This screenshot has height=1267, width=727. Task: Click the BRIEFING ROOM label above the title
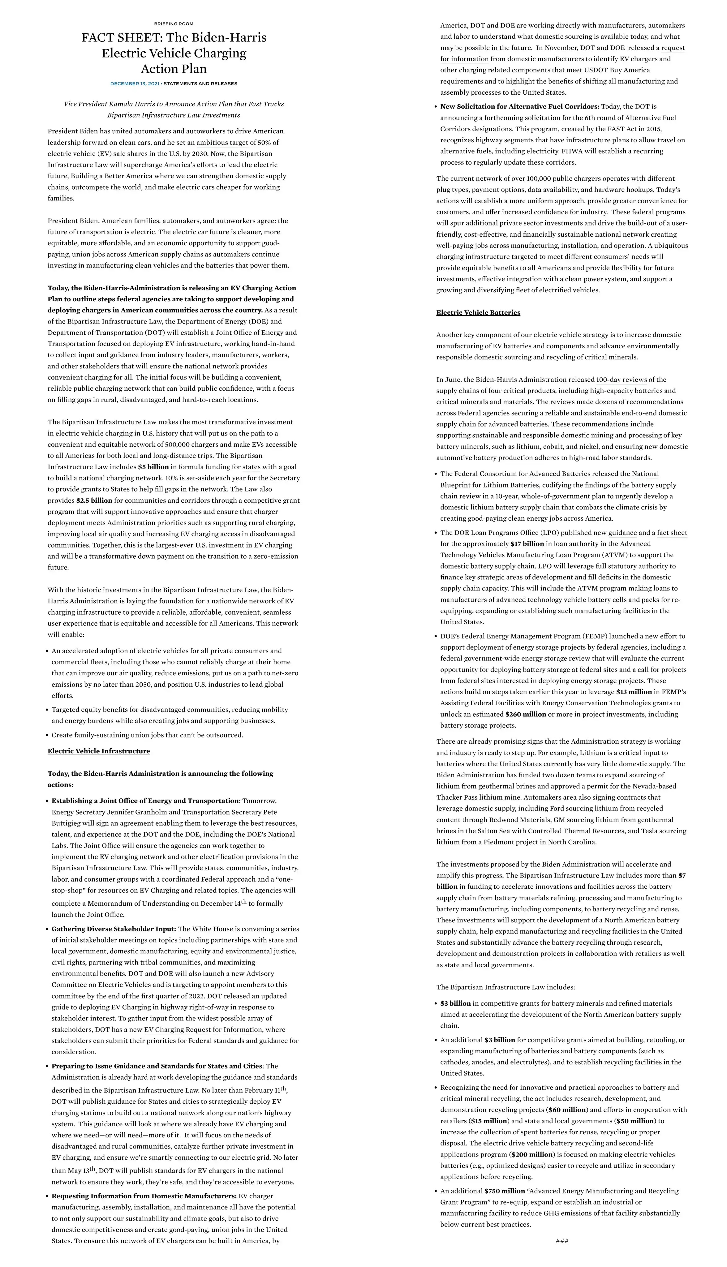(174, 24)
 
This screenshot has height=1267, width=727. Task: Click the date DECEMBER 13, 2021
(134, 84)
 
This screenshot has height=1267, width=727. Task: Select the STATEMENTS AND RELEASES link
(200, 84)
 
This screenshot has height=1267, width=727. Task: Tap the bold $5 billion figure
(153, 467)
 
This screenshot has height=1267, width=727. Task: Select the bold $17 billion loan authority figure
(527, 544)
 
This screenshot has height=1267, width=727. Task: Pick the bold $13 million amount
(634, 692)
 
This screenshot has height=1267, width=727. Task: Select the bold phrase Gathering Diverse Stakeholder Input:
(114, 929)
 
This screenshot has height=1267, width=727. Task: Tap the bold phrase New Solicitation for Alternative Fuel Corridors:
(519, 106)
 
